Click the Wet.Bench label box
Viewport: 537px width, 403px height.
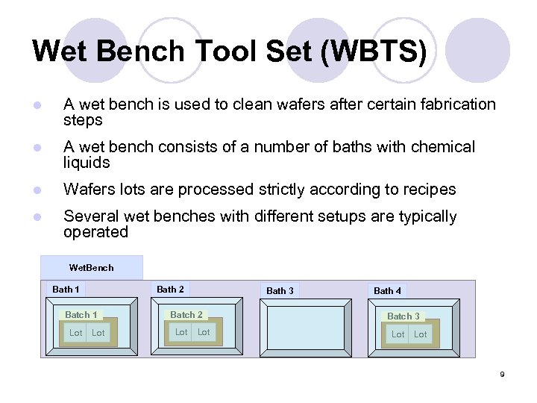(x=91, y=267)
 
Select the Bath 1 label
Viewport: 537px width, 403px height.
(x=66, y=289)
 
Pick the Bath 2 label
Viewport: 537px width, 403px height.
(x=170, y=289)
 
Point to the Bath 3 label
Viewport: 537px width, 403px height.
(x=280, y=290)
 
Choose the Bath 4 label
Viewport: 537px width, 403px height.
(x=387, y=290)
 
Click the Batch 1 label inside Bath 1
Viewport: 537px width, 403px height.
(x=81, y=315)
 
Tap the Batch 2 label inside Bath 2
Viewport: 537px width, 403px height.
(x=186, y=315)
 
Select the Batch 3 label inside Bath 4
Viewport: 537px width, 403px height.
(x=403, y=316)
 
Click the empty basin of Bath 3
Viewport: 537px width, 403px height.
(x=301, y=327)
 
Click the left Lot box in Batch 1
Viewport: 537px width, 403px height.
(x=75, y=333)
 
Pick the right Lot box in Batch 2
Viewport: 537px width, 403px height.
(x=204, y=332)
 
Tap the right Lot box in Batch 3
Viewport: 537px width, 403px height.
(x=421, y=334)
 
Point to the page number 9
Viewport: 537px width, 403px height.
(x=502, y=374)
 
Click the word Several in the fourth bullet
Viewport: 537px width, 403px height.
(x=89, y=217)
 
